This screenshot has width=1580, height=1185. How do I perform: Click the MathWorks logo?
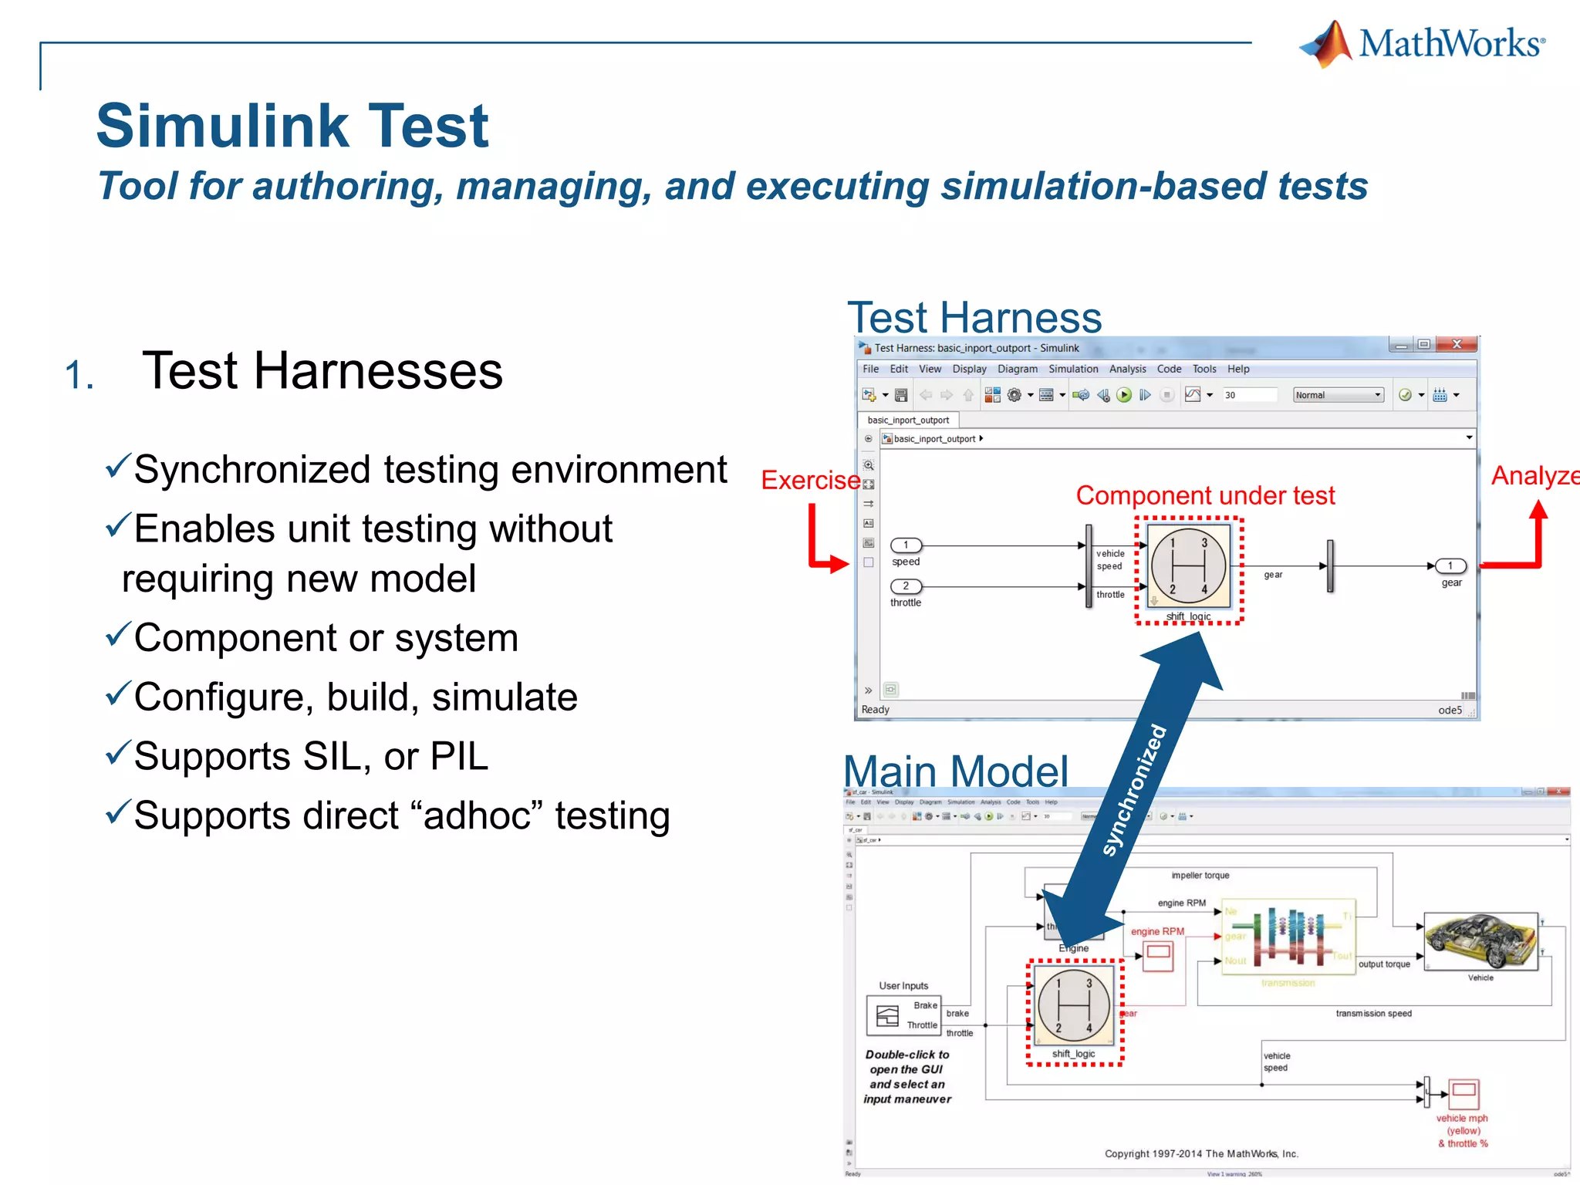click(1421, 44)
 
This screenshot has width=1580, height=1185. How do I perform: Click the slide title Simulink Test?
click(292, 126)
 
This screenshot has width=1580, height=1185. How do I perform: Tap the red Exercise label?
click(810, 481)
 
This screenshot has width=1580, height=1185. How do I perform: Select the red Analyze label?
click(1534, 476)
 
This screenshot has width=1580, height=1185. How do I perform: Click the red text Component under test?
click(1204, 495)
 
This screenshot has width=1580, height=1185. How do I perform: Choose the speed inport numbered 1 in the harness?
click(906, 545)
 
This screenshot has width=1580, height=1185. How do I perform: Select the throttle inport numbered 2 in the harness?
click(906, 586)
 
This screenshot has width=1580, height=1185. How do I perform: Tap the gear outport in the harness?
click(1450, 566)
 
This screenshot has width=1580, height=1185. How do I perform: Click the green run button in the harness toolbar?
click(1124, 395)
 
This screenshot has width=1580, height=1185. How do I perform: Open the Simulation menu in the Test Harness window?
click(1072, 370)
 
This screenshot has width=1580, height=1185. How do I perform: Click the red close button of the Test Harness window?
click(1456, 344)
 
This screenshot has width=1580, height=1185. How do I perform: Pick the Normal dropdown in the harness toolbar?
click(1338, 395)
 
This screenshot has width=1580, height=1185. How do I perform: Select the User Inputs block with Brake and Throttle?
click(902, 1015)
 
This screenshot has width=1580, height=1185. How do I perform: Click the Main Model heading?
click(955, 771)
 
